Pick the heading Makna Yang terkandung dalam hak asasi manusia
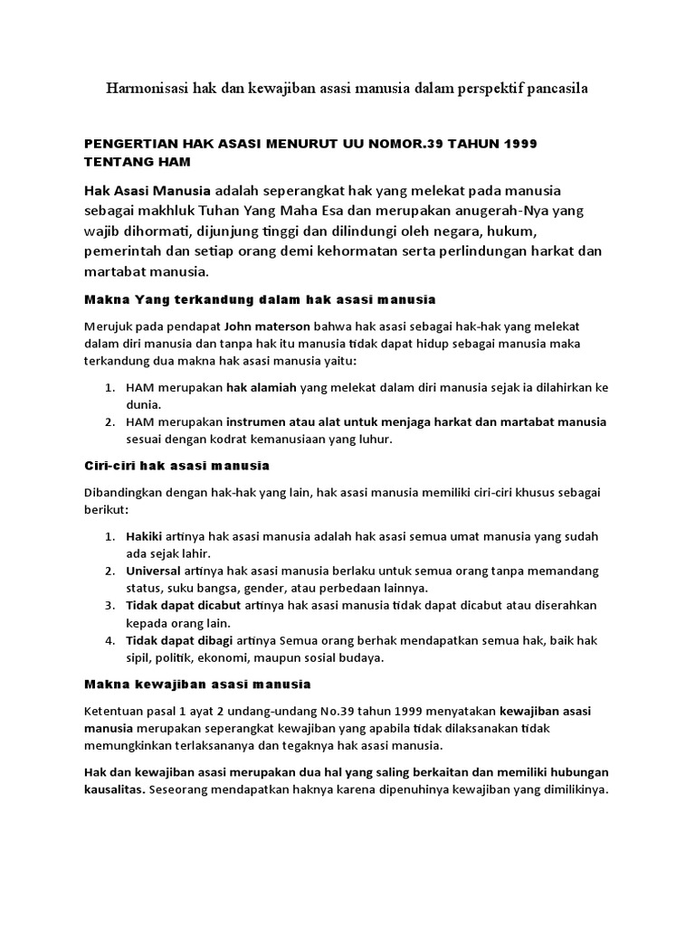pyautogui.click(x=260, y=298)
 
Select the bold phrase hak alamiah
pyautogui.click(x=262, y=388)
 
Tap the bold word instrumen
pyautogui.click(x=260, y=422)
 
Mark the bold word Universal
pyautogui.click(x=153, y=571)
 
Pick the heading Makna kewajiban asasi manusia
pyautogui.click(x=197, y=684)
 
